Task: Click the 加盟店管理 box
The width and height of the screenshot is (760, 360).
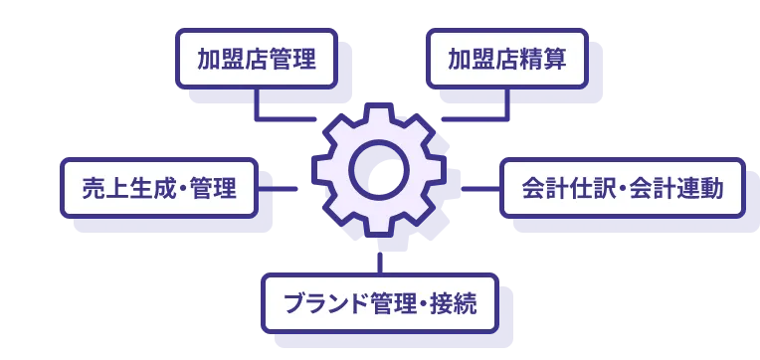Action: pyautogui.click(x=256, y=60)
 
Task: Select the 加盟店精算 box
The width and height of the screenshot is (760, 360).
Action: pyautogui.click(x=506, y=60)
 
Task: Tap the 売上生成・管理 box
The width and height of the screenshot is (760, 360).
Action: pyautogui.click(x=160, y=188)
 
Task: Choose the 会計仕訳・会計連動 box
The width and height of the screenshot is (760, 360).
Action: pyautogui.click(x=622, y=188)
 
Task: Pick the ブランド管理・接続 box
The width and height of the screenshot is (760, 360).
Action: pyautogui.click(x=379, y=302)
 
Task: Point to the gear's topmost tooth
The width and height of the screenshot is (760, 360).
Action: pyautogui.click(x=379, y=112)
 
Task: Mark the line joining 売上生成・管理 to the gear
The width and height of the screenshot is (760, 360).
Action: pyautogui.click(x=284, y=187)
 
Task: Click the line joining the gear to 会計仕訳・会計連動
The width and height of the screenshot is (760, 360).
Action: pyautogui.click(x=477, y=187)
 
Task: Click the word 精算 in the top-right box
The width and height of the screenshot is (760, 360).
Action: pyautogui.click(x=546, y=60)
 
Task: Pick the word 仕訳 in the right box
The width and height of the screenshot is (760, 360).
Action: pyautogui.click(x=585, y=188)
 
